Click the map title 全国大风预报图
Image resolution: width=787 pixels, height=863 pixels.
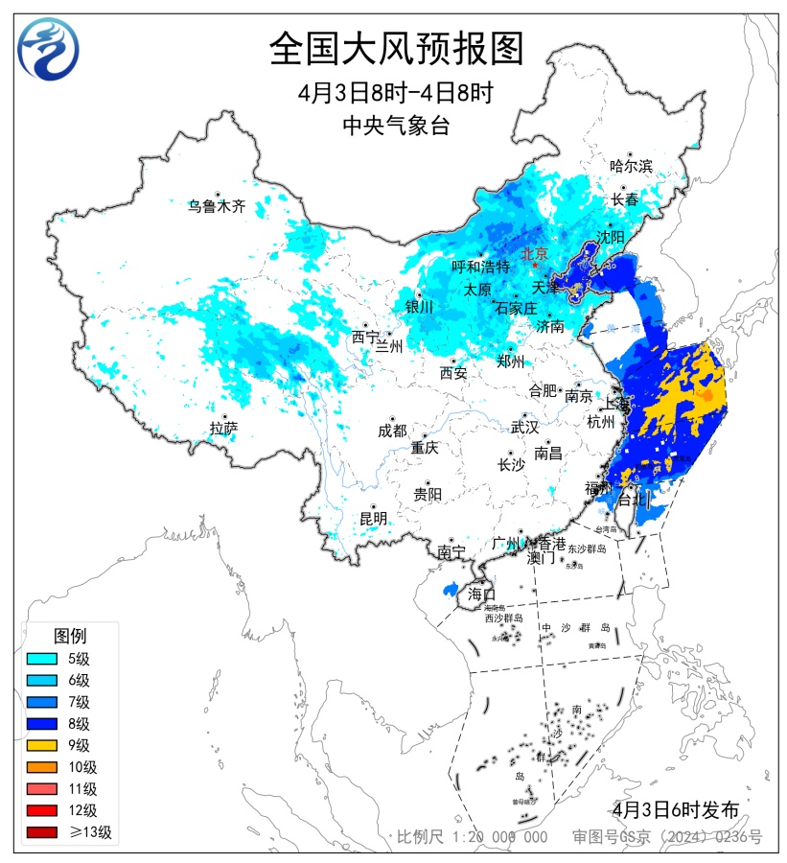pyautogui.click(x=396, y=49)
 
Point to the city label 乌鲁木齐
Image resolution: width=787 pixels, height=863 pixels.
pyautogui.click(x=217, y=205)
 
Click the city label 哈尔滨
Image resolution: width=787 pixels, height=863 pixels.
pyautogui.click(x=631, y=166)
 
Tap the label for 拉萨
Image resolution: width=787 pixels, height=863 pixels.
pyautogui.click(x=223, y=429)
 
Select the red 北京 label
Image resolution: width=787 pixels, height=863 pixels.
pyautogui.click(x=534, y=254)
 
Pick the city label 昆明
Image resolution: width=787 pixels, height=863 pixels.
pyautogui.click(x=373, y=519)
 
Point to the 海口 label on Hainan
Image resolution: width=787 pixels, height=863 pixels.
pyautogui.click(x=481, y=594)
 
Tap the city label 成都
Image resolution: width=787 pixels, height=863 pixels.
pyautogui.click(x=392, y=431)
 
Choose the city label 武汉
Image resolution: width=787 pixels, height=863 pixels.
pyautogui.click(x=525, y=427)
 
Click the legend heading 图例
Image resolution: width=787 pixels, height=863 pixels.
pyautogui.click(x=70, y=636)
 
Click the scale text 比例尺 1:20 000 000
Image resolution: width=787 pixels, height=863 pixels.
pyautogui.click(x=473, y=837)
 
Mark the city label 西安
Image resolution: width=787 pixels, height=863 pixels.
pyautogui.click(x=453, y=373)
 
